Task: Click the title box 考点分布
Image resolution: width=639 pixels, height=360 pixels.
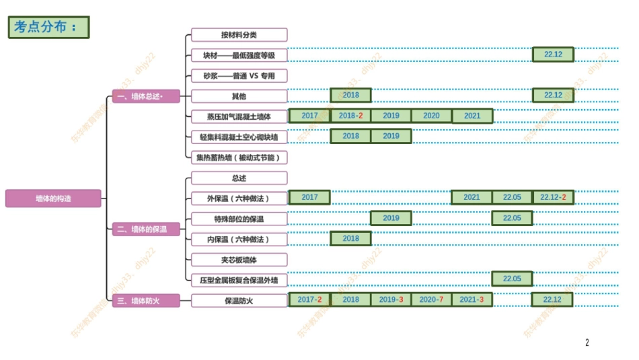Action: click(48, 27)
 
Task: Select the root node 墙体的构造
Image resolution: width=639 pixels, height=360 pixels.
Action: click(53, 199)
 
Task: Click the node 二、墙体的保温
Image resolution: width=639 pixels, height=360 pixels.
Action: click(146, 229)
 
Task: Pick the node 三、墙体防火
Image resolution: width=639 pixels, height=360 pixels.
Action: click(146, 300)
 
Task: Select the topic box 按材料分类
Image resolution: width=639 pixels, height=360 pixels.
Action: click(239, 35)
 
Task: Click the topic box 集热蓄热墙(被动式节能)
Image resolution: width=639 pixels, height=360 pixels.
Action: click(239, 157)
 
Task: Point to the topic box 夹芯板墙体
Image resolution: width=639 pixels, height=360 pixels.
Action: click(239, 259)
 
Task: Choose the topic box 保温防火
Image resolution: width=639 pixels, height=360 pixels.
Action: click(239, 300)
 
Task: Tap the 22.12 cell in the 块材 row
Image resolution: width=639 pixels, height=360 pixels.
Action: click(553, 55)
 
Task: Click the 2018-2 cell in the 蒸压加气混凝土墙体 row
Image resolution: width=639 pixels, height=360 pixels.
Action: click(350, 116)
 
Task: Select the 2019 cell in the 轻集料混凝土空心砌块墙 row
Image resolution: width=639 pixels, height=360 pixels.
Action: click(391, 136)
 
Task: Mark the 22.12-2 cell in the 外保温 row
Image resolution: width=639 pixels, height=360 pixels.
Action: click(553, 197)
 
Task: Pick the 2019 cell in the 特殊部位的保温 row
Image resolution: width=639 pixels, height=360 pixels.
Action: click(391, 218)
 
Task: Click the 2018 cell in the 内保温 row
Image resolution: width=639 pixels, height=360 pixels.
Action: click(350, 238)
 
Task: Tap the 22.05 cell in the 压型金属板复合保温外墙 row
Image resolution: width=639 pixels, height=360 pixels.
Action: click(512, 279)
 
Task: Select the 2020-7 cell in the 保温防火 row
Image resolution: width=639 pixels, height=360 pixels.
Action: click(431, 299)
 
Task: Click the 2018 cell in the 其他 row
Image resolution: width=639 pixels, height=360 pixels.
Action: click(350, 96)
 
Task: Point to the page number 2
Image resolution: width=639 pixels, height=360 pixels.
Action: click(587, 343)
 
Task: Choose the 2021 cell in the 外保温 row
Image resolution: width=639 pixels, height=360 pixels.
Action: click(472, 197)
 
